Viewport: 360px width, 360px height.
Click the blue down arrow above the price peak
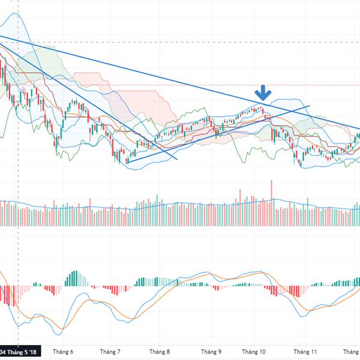[x=263, y=93]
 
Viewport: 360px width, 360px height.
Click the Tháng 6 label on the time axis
[x=63, y=352]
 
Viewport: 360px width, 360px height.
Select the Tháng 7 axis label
[x=110, y=352]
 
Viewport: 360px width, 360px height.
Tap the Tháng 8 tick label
[x=160, y=352]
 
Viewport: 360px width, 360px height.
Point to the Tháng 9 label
[x=211, y=352]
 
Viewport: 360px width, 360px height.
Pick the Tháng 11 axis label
[x=306, y=352]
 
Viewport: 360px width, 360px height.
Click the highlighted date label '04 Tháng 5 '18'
[x=19, y=352]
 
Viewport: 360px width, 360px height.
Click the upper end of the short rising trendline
[x=309, y=106]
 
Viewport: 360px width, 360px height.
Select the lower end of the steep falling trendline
[x=177, y=160]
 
